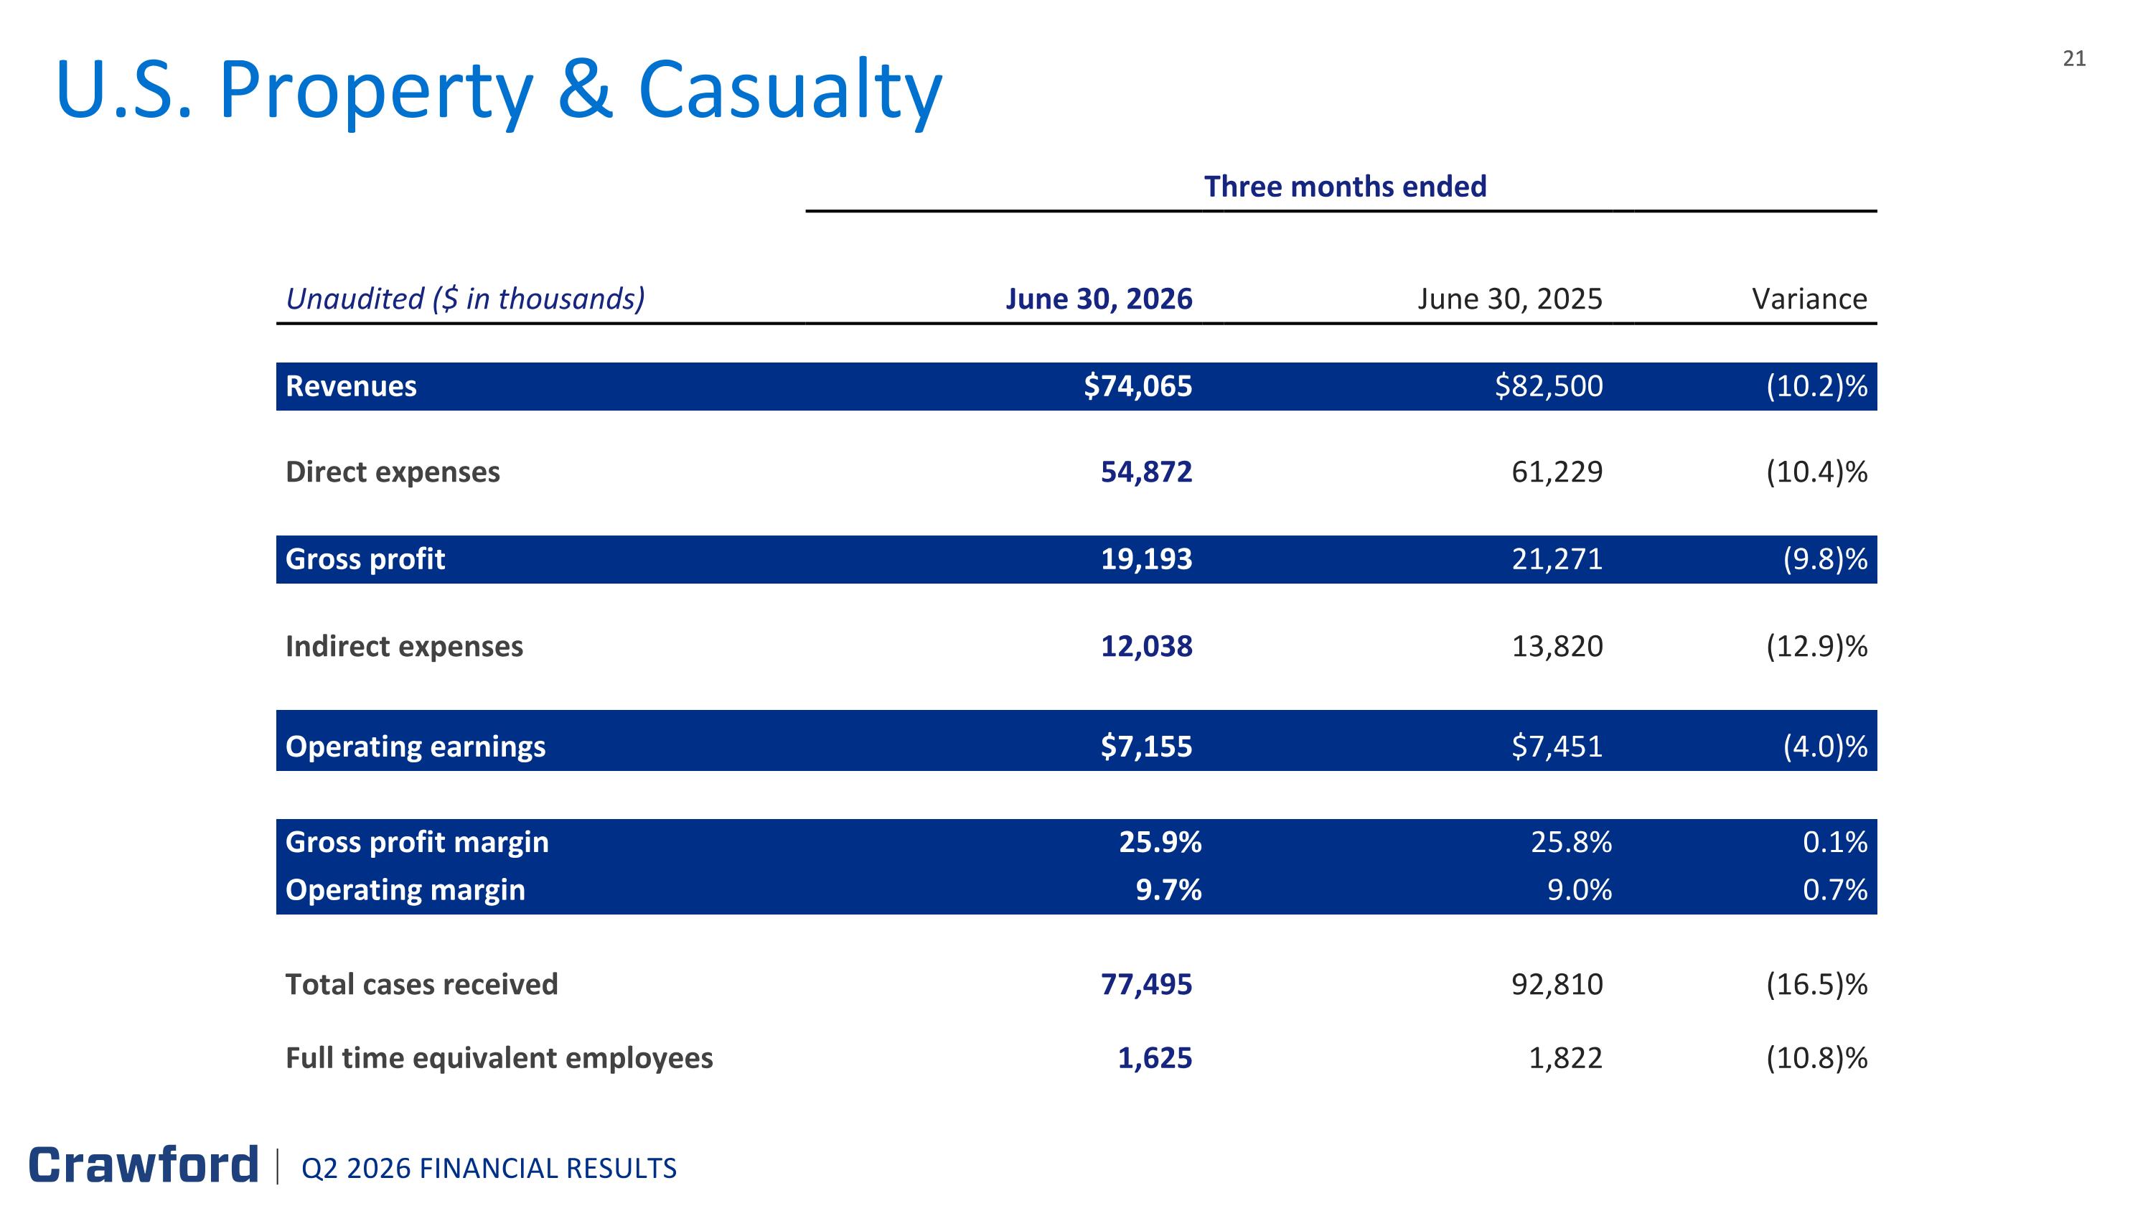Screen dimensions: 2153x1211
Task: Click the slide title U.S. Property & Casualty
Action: pyautogui.click(x=499, y=90)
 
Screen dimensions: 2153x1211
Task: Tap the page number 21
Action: pyautogui.click(x=2075, y=58)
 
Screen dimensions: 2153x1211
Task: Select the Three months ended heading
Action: pyautogui.click(x=1345, y=187)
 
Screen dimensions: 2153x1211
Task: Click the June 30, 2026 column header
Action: pyautogui.click(x=1099, y=299)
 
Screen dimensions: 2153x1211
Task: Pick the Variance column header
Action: pyautogui.click(x=1809, y=299)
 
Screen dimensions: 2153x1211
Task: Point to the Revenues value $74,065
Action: pyautogui.click(x=1138, y=386)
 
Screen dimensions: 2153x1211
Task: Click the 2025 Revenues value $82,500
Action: pyautogui.click(x=1549, y=386)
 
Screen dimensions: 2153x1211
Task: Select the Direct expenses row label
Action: pyautogui.click(x=393, y=472)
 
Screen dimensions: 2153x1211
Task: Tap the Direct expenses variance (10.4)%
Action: pyautogui.click(x=1816, y=472)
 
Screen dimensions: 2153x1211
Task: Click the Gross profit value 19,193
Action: pyautogui.click(x=1147, y=559)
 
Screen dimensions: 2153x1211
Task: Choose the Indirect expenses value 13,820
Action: pyautogui.click(x=1558, y=646)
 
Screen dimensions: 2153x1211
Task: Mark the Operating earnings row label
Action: pyautogui.click(x=416, y=747)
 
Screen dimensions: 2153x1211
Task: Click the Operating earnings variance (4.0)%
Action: pyautogui.click(x=1825, y=747)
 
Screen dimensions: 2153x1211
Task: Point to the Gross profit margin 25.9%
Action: pyautogui.click(x=1160, y=841)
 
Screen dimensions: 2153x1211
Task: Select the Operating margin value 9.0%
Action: pyautogui.click(x=1580, y=890)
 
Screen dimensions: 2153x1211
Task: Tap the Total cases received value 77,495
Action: pyautogui.click(x=1147, y=984)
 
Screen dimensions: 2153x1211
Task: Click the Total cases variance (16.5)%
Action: pyautogui.click(x=1816, y=984)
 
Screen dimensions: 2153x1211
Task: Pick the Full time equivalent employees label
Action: pyautogui.click(x=499, y=1058)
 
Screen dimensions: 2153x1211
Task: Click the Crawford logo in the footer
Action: pyautogui.click(x=144, y=1165)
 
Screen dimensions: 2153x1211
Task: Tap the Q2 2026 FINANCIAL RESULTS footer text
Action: pyautogui.click(x=489, y=1169)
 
